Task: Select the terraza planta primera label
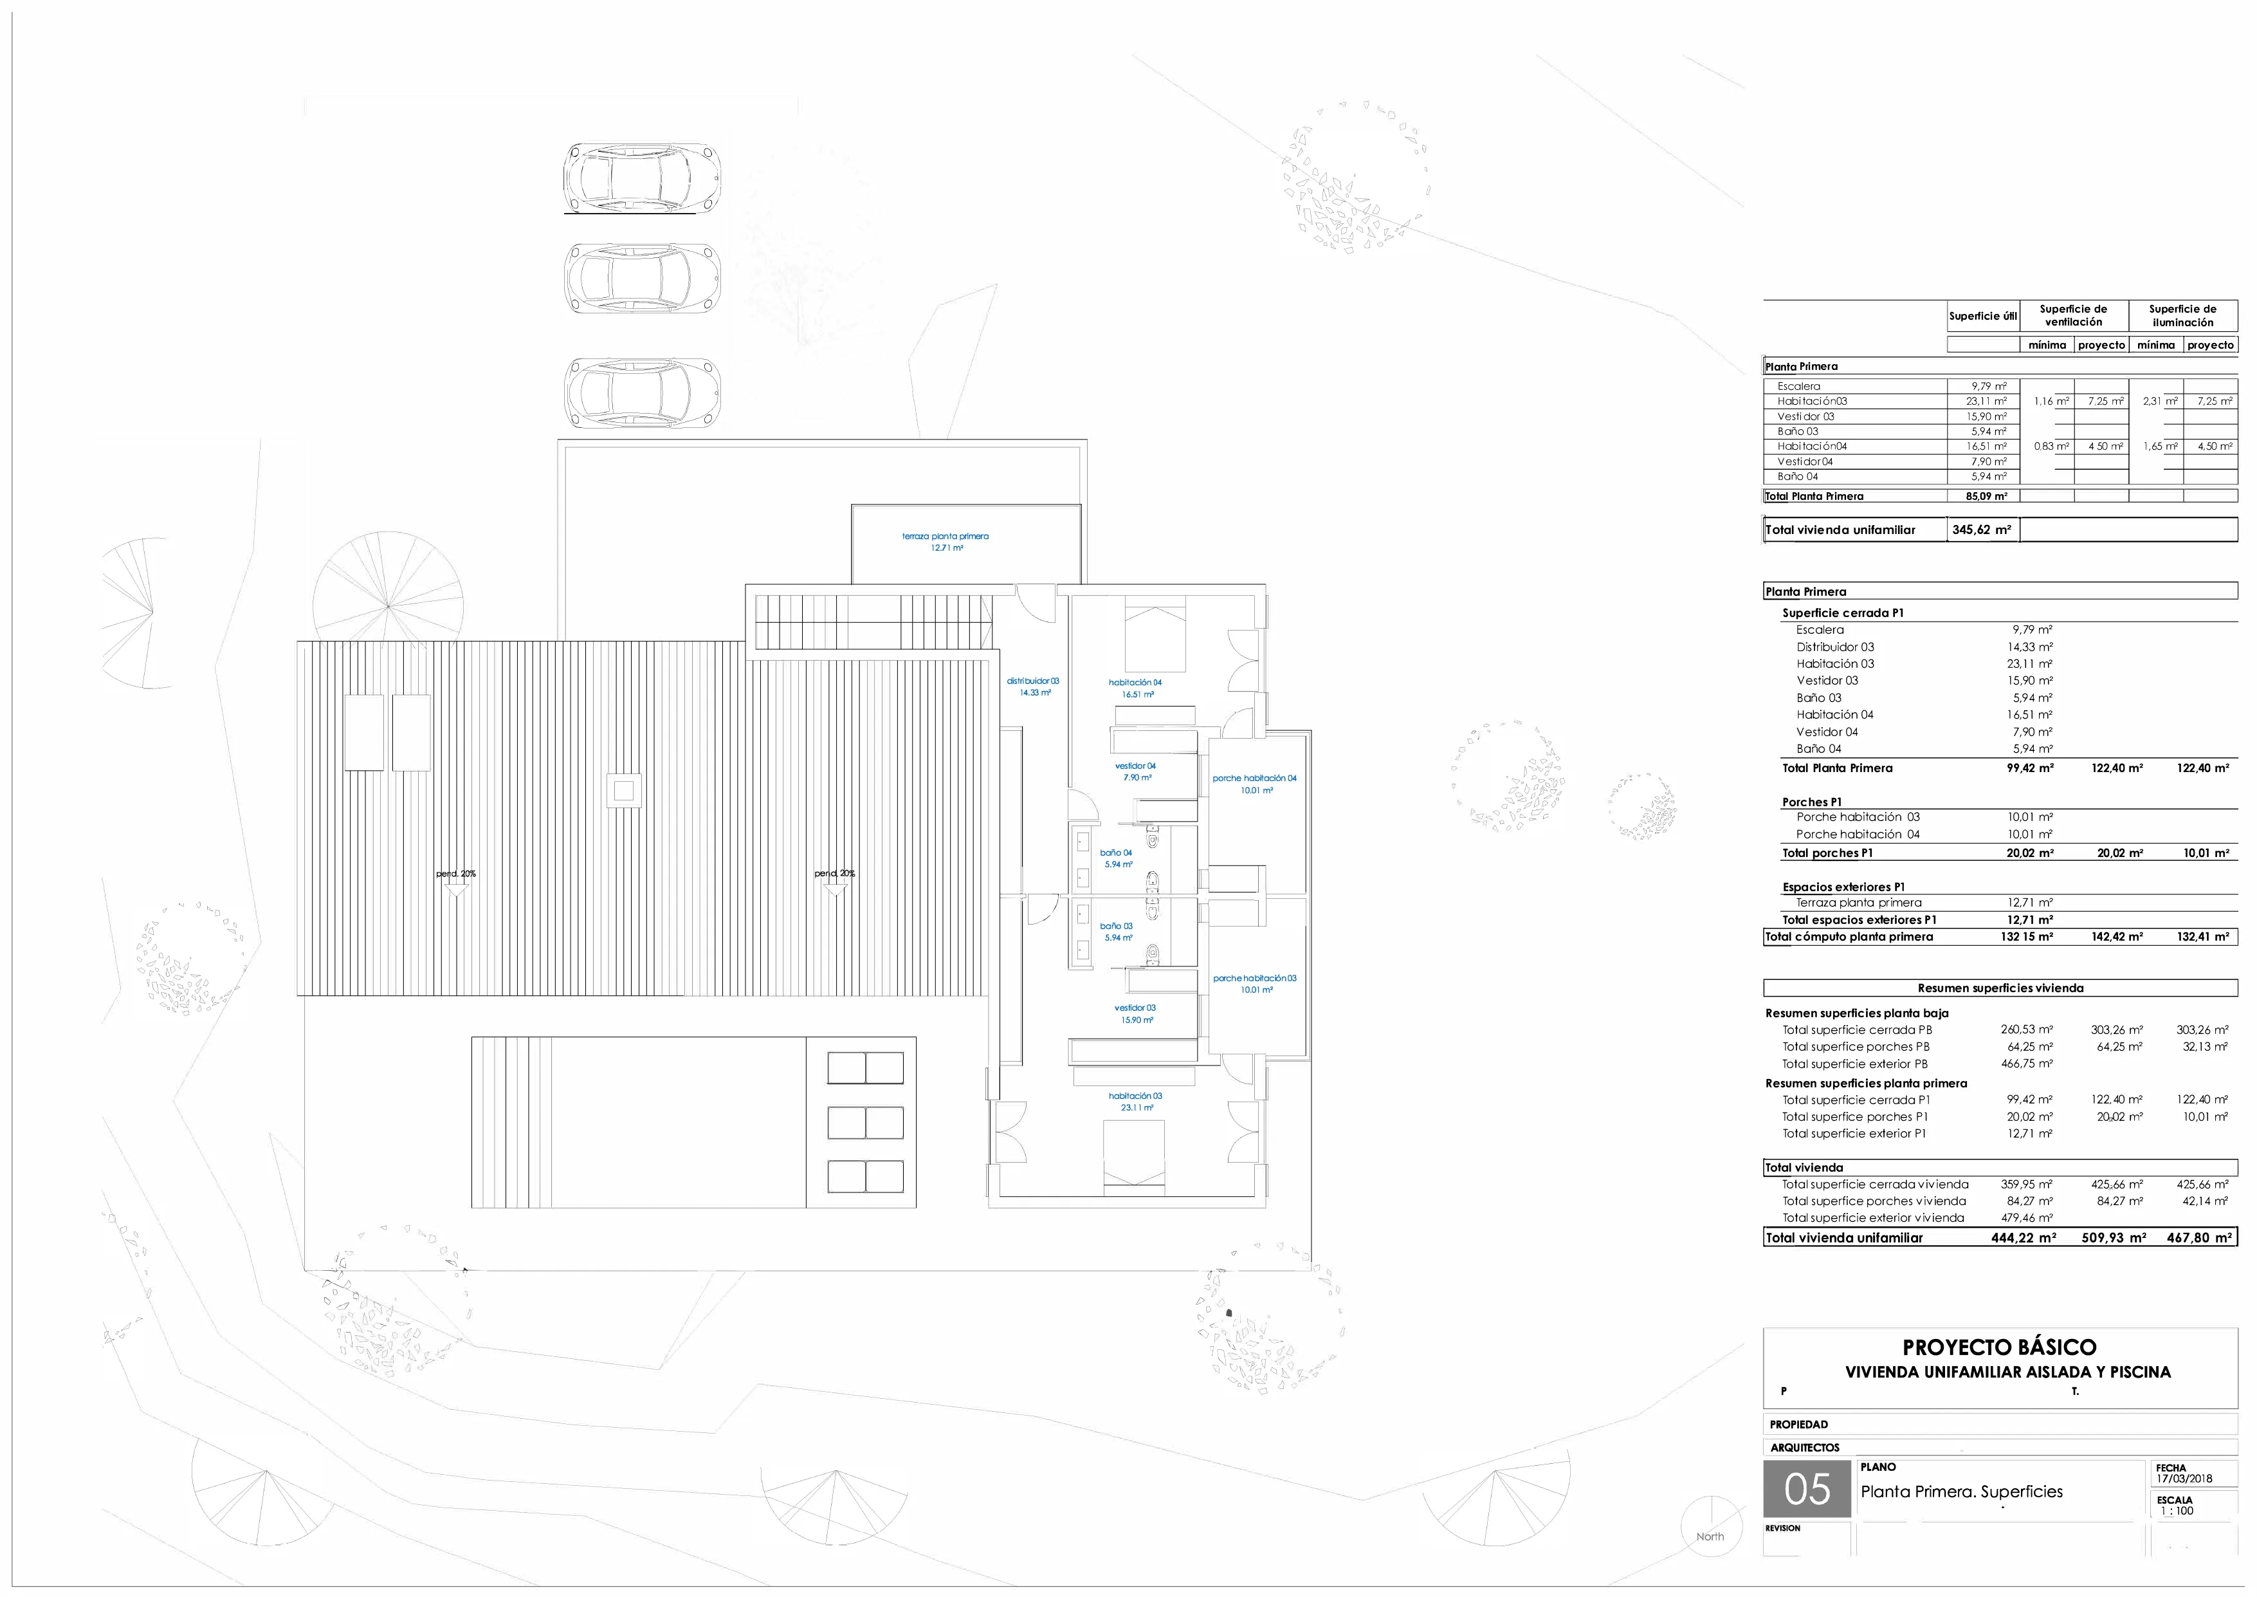point(946,542)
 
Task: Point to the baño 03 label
point(1117,931)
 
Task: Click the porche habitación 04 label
point(1254,784)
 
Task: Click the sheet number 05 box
point(1807,1490)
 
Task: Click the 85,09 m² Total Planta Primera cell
point(1986,497)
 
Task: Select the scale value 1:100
point(2177,1511)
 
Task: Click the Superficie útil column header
point(1983,316)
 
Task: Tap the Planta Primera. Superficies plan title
point(1961,1491)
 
